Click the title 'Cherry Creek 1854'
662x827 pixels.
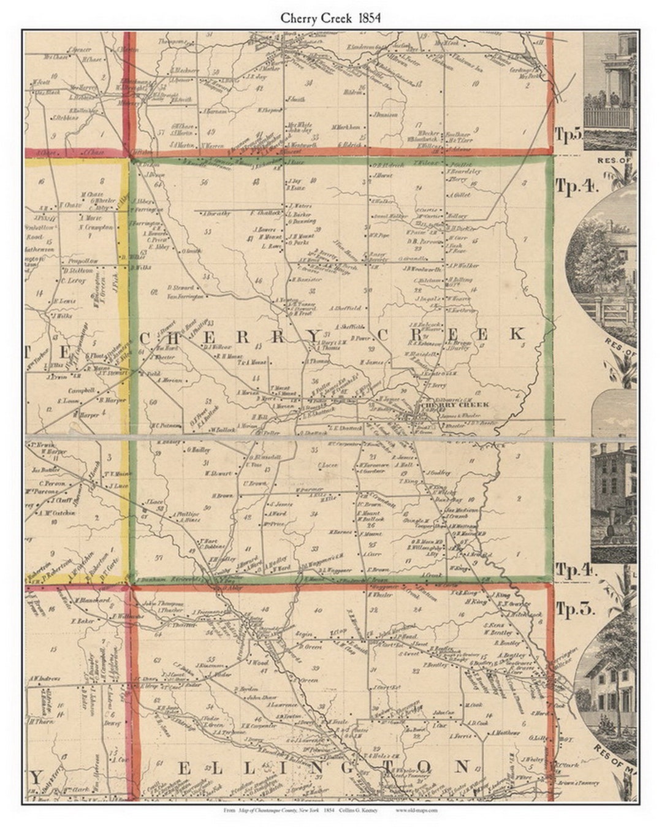coord(330,18)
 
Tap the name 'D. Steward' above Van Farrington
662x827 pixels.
coord(180,288)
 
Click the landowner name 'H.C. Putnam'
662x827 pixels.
coord(165,424)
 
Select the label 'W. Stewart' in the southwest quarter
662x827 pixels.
coord(219,473)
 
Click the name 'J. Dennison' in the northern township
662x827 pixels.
coord(384,115)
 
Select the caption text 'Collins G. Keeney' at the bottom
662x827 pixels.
coord(357,810)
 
